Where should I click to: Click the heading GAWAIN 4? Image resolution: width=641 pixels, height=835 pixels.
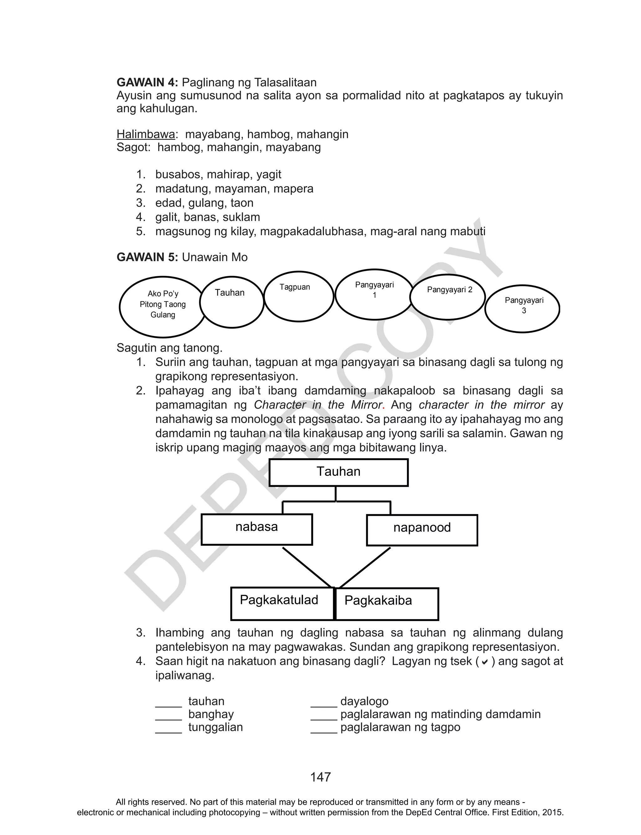[x=147, y=82]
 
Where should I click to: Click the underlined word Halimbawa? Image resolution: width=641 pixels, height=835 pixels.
[x=146, y=134]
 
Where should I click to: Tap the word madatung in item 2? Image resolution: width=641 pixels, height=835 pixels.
[x=183, y=188]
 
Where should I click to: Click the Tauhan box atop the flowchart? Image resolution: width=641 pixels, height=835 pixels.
[x=338, y=472]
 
